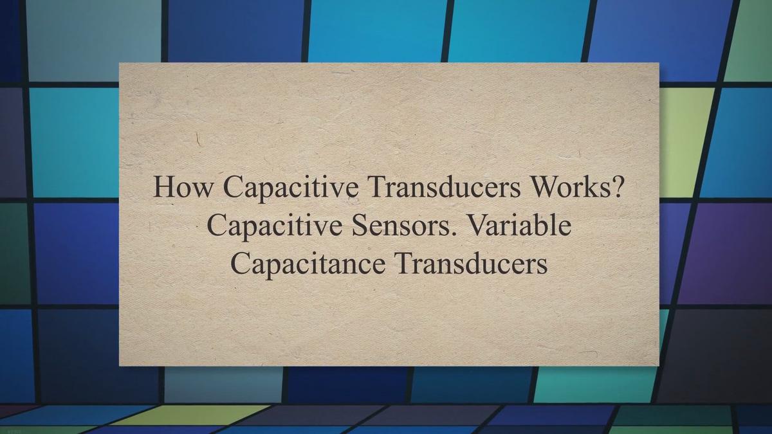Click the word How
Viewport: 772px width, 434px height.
click(184, 188)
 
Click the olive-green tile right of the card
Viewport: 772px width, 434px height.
click(683, 141)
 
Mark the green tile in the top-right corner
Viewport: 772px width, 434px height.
click(753, 39)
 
